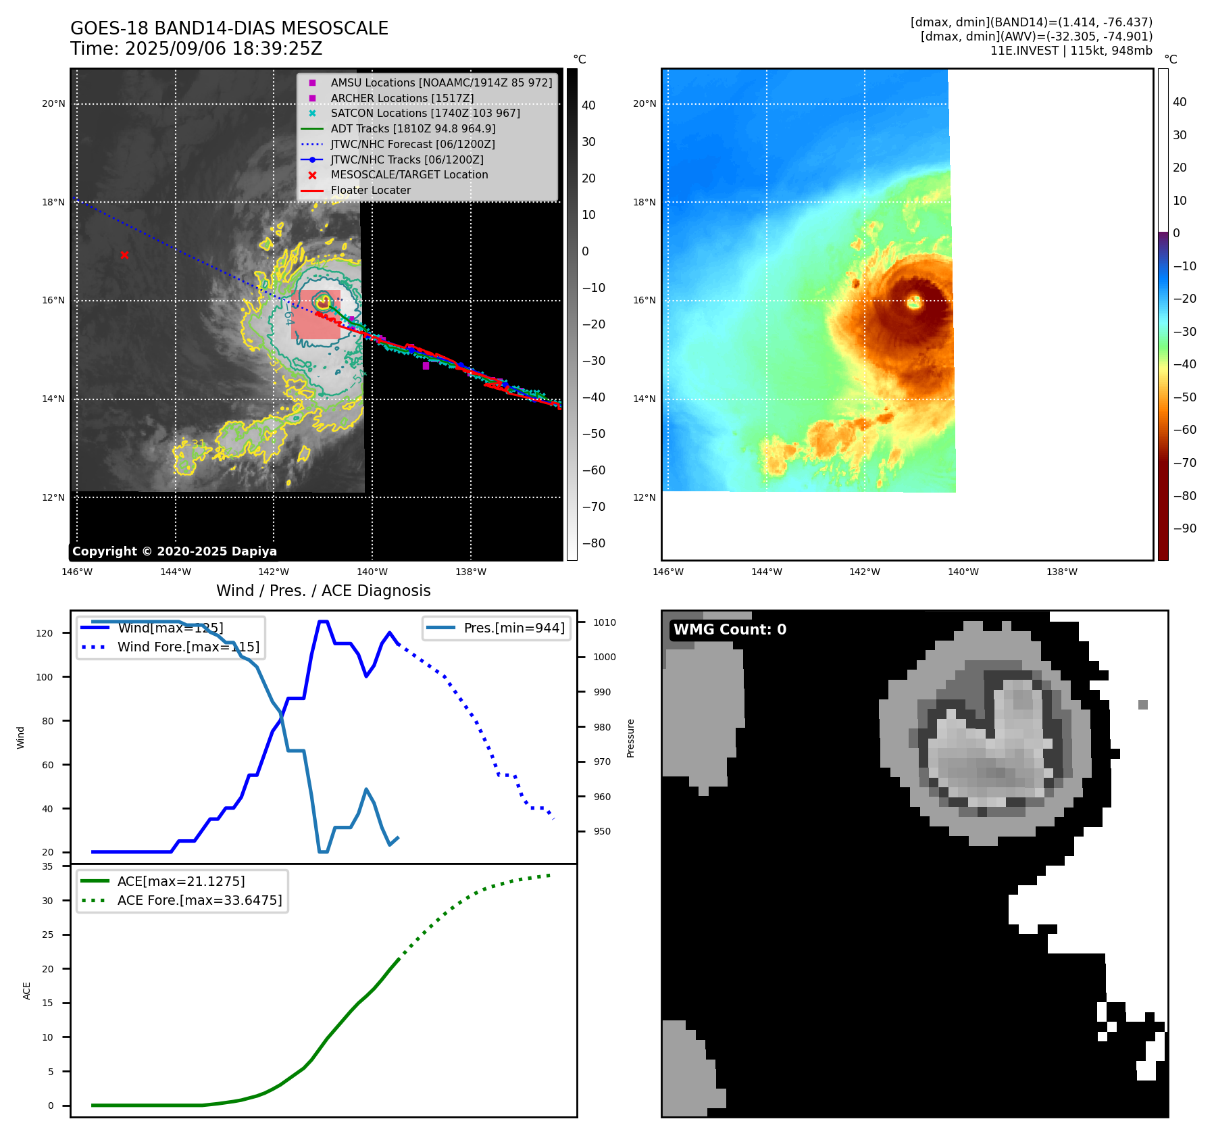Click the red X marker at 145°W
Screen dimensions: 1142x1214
click(124, 255)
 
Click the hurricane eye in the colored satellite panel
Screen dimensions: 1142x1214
click(915, 301)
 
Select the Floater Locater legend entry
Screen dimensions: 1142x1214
click(370, 190)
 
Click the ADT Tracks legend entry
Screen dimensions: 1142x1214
click(413, 128)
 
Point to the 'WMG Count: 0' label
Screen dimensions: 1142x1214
click(729, 629)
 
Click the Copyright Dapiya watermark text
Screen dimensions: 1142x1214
click(174, 551)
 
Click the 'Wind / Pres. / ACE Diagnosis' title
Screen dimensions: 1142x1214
click(323, 590)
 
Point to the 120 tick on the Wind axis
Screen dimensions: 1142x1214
click(44, 633)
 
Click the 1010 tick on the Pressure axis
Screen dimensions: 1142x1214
click(605, 622)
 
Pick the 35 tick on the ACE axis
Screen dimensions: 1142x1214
click(47, 866)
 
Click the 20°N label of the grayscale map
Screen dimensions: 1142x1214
click(53, 103)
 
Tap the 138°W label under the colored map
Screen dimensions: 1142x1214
click(1061, 572)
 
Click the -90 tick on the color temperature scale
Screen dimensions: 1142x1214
click(1184, 528)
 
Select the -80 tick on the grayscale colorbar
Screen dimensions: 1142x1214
click(594, 543)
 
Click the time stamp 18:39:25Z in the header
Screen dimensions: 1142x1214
click(280, 49)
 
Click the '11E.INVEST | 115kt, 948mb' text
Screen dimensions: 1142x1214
click(1071, 51)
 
